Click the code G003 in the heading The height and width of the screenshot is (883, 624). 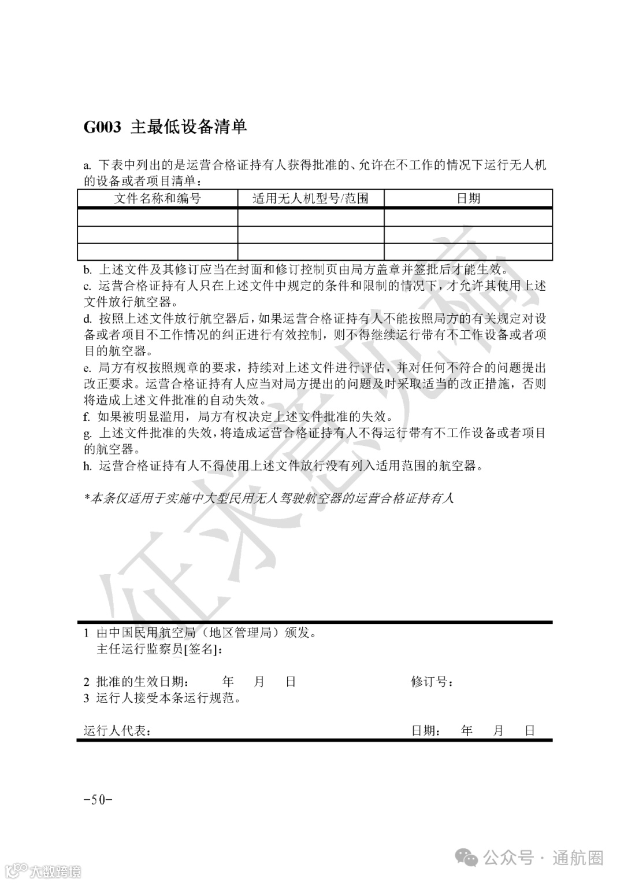[102, 127]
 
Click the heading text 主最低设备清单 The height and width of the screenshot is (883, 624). [188, 127]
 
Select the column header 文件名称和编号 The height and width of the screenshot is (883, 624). [157, 198]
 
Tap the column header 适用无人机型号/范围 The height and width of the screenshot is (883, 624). [310, 198]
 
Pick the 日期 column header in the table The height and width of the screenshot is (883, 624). [468, 198]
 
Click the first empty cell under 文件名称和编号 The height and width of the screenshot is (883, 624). [157, 217]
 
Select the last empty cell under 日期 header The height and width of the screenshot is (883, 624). [468, 252]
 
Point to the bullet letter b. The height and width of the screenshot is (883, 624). [87, 269]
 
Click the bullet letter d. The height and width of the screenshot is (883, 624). [87, 319]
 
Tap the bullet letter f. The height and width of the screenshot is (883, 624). [87, 416]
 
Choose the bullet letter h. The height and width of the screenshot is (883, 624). [87, 466]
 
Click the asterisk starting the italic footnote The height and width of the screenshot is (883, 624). [87, 498]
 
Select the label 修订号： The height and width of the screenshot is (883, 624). [432, 682]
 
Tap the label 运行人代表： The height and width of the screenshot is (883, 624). [118, 731]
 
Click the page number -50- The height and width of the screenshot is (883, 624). [98, 800]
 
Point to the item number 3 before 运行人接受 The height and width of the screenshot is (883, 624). [87, 698]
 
